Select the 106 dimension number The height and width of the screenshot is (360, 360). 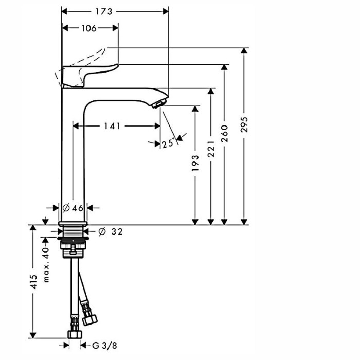point(88,28)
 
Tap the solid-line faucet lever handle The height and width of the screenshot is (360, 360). point(90,75)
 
